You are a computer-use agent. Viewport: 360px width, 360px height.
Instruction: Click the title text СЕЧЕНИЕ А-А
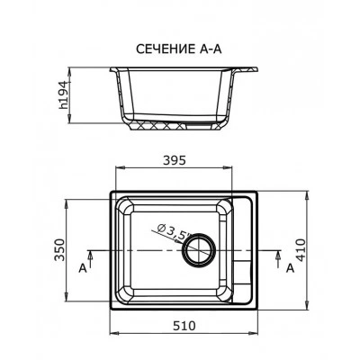tap(179, 49)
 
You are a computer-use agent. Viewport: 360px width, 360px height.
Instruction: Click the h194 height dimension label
tap(64, 95)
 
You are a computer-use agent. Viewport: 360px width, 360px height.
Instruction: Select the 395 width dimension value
tap(175, 161)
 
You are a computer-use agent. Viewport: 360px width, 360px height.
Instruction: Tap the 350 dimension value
tap(59, 249)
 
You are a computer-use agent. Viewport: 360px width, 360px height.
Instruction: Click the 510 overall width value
tap(184, 326)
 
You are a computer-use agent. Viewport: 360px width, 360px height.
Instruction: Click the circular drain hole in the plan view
tap(200, 250)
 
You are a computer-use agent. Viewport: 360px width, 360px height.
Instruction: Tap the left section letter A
tap(83, 268)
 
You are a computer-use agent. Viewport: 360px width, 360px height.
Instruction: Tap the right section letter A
tap(290, 268)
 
